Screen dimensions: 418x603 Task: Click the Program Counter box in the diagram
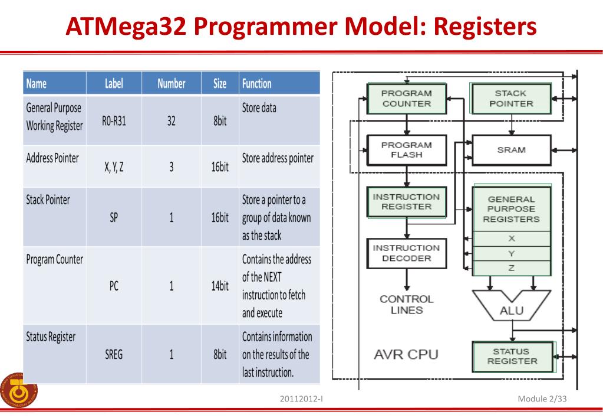tap(406, 98)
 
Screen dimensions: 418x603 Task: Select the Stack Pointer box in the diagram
tap(510, 98)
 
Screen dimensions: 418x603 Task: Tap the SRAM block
tap(510, 150)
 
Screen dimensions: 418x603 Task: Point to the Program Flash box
tap(406, 150)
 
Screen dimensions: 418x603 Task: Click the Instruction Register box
tap(406, 202)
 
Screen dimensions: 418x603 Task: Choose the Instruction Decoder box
tap(406, 253)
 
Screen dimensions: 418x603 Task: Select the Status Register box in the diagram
tap(510, 356)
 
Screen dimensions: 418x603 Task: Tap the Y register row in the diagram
tap(511, 253)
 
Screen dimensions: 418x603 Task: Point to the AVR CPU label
tap(406, 355)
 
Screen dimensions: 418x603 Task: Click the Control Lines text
tap(406, 305)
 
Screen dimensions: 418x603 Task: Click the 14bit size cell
tap(220, 286)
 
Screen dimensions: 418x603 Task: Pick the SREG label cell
tap(114, 355)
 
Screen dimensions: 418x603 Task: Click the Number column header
tap(171, 84)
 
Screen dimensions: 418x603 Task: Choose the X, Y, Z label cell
tap(114, 167)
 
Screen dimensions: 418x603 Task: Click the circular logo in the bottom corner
tap(18, 390)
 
